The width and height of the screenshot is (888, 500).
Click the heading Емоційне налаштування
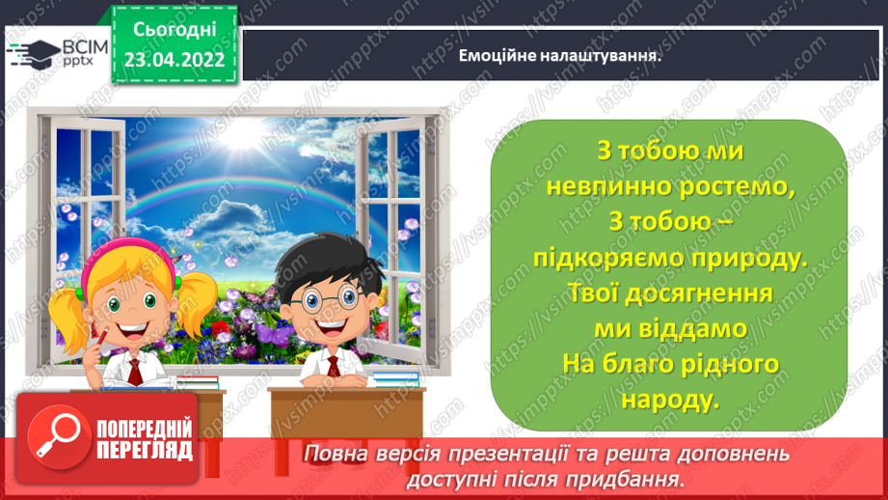[x=566, y=55]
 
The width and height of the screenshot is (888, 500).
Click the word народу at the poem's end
[x=669, y=400]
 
